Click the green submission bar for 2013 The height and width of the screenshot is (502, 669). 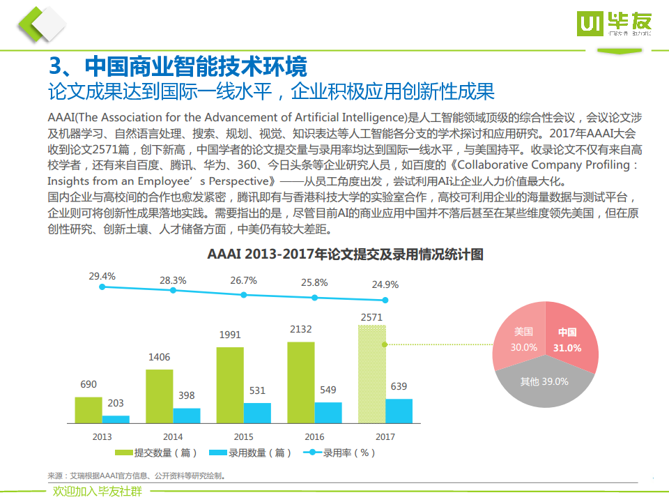point(89,410)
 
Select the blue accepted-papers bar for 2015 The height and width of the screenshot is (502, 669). point(257,413)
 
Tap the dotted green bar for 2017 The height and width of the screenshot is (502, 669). point(371,374)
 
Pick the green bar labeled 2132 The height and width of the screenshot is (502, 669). point(301,382)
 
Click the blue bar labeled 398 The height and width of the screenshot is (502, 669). point(187,416)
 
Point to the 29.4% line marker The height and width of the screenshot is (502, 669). point(102,287)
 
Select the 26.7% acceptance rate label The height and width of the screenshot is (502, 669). point(243,280)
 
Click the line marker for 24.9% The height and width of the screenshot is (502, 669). point(385,299)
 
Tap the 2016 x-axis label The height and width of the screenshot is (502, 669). point(314,437)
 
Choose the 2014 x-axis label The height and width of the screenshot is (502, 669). point(173,437)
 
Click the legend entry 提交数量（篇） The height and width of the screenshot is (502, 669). point(155,452)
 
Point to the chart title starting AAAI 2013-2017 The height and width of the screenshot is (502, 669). point(345,254)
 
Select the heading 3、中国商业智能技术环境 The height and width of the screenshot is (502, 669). point(178,68)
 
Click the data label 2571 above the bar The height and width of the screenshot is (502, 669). point(371,318)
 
